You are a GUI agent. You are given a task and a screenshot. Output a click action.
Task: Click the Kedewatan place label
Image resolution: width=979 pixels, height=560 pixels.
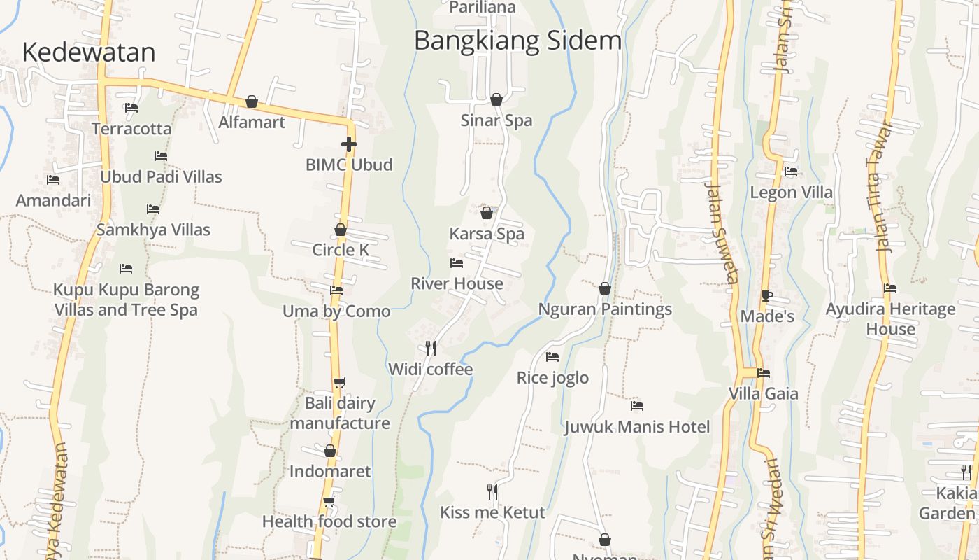coord(89,52)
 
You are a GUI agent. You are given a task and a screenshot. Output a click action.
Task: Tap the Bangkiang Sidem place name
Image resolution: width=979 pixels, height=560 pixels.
coord(517,41)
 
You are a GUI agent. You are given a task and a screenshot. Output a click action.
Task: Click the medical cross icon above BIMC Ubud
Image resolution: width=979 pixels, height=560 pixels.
coord(349,144)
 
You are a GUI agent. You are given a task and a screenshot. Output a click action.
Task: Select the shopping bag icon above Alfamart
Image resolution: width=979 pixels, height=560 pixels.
coord(252,102)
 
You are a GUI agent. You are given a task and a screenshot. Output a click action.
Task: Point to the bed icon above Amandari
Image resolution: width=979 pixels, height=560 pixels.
coord(53,180)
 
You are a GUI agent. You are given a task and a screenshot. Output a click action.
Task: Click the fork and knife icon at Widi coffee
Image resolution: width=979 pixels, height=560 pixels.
coord(431,348)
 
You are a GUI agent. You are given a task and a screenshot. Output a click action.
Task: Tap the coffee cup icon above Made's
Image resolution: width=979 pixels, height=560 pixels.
coord(767,295)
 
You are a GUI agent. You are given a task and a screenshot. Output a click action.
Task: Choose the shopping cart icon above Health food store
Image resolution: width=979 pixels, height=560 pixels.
coord(329,501)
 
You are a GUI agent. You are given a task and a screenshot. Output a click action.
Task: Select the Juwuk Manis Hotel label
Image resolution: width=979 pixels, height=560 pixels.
coord(636,427)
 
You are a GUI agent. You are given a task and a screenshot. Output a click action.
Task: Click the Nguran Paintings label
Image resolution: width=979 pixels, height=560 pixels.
coord(605,309)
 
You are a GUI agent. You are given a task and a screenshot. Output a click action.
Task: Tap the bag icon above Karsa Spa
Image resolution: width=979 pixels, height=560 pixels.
coord(487,213)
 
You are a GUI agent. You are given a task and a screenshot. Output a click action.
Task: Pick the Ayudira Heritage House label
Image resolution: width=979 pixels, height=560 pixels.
coord(890,318)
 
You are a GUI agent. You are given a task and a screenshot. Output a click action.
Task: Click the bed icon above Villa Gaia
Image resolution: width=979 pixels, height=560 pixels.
coord(764,373)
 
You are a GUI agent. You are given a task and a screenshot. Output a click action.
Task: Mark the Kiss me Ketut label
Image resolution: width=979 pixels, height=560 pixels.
coord(492,512)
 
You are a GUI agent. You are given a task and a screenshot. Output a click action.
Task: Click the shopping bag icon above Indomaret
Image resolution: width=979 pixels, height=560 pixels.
coord(330,451)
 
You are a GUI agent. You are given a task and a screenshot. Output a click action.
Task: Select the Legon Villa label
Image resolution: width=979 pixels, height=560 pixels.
coord(791,192)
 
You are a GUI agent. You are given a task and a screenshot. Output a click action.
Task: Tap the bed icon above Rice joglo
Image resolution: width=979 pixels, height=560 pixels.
coord(552,357)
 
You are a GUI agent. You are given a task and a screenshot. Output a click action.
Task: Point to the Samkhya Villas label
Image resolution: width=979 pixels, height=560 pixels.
coord(153,230)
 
